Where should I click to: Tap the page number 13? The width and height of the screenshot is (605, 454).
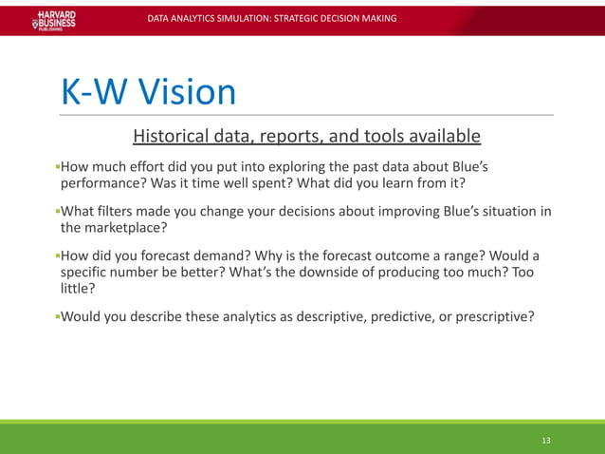pos(546,440)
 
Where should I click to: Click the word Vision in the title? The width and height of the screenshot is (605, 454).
pos(187,92)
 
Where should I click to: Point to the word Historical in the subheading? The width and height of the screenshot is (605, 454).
pos(177,137)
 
